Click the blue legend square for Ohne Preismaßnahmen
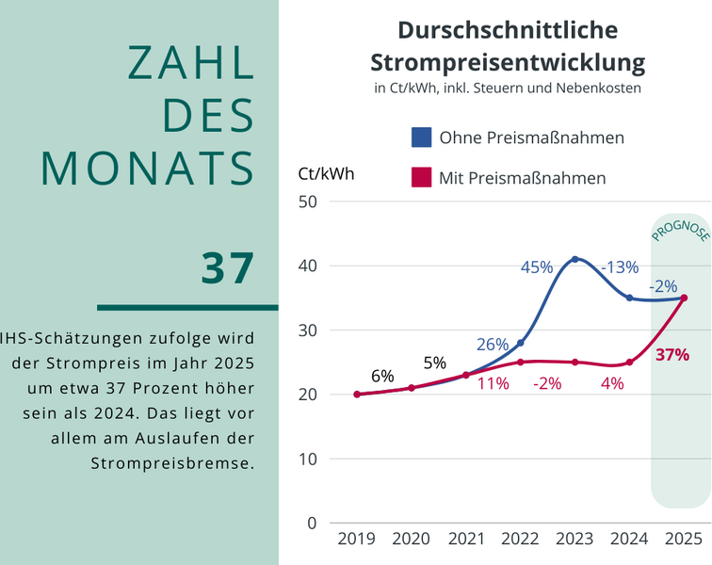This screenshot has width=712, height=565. click(x=421, y=137)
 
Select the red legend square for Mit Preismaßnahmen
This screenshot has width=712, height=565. click(x=421, y=177)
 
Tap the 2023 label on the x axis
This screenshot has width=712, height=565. click(x=574, y=539)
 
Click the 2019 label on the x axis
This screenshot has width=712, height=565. click(x=357, y=539)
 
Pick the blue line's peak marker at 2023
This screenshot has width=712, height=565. click(x=574, y=259)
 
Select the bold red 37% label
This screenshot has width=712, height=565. click(x=672, y=355)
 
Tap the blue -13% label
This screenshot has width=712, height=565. click(x=620, y=267)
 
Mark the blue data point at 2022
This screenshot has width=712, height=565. click(x=520, y=343)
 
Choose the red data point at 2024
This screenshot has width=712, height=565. click(x=629, y=362)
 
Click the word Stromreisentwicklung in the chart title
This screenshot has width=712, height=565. click(x=508, y=63)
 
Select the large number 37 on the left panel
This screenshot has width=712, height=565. click(x=228, y=267)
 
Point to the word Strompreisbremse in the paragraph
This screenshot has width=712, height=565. click(x=172, y=463)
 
